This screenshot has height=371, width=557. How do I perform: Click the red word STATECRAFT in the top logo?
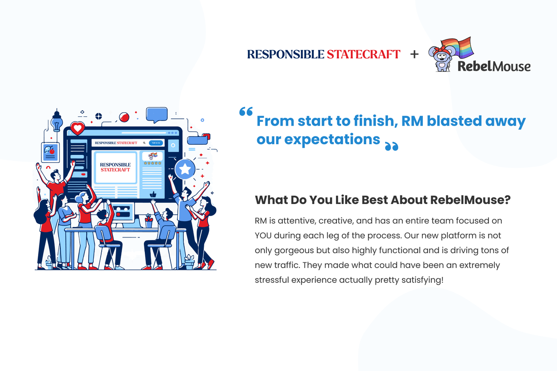pos(363,54)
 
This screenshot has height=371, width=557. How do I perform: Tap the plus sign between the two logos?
pos(414,54)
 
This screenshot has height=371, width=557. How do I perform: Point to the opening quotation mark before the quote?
pos(246,112)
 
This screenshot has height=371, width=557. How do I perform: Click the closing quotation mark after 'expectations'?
pos(391,147)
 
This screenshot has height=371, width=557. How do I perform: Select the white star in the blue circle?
pos(185,169)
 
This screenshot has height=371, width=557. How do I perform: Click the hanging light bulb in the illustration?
pos(57,122)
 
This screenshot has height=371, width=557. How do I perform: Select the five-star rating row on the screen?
pos(152,163)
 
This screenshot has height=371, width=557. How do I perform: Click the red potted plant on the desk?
pos(149,221)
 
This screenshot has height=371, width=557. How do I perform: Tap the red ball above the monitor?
pos(123,117)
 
